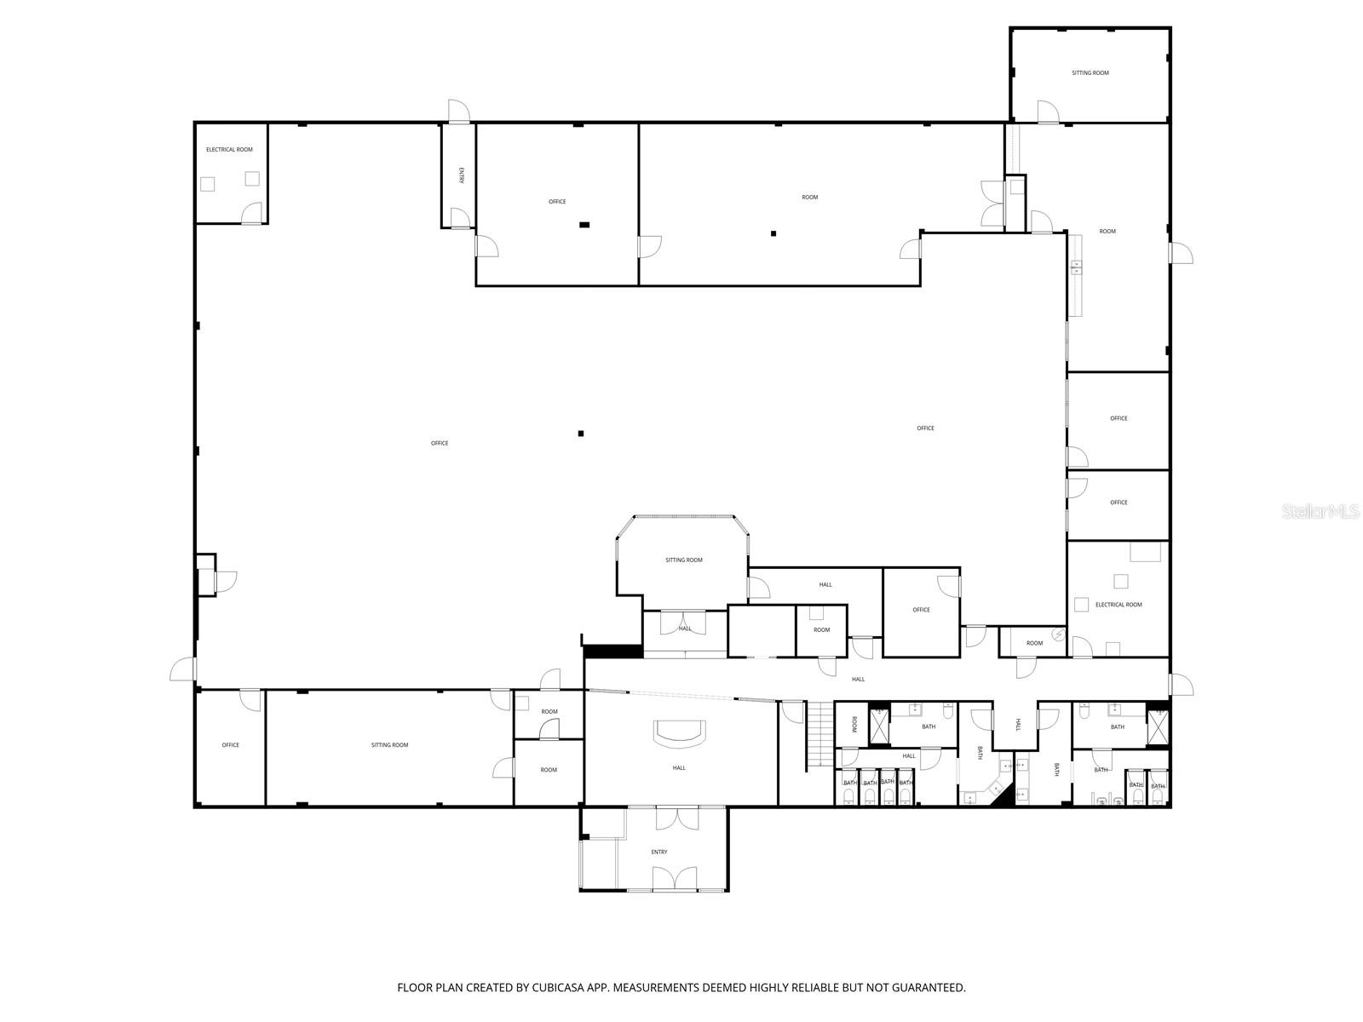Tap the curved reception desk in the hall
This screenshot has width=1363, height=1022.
click(679, 733)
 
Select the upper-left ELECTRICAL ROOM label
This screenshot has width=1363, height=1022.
click(229, 150)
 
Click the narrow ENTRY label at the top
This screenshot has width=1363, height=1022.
click(461, 175)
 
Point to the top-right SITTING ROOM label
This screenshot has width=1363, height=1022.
click(1090, 73)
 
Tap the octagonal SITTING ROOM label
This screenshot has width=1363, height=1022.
click(683, 560)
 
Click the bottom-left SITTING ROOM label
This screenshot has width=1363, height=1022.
click(389, 745)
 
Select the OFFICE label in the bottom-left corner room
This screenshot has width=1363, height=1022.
click(230, 745)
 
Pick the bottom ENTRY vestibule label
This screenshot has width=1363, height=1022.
click(658, 852)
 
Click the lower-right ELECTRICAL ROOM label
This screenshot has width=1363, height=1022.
click(1119, 605)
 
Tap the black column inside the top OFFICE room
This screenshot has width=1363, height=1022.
click(584, 225)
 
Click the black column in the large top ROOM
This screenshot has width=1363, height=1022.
click(774, 233)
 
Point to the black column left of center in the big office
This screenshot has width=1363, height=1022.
click(581, 433)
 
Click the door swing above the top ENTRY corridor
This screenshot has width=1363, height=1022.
click(458, 111)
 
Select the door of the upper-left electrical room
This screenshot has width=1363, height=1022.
click(251, 214)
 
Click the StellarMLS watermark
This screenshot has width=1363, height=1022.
click(1320, 512)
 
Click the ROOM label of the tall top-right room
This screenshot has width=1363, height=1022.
click(1107, 232)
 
